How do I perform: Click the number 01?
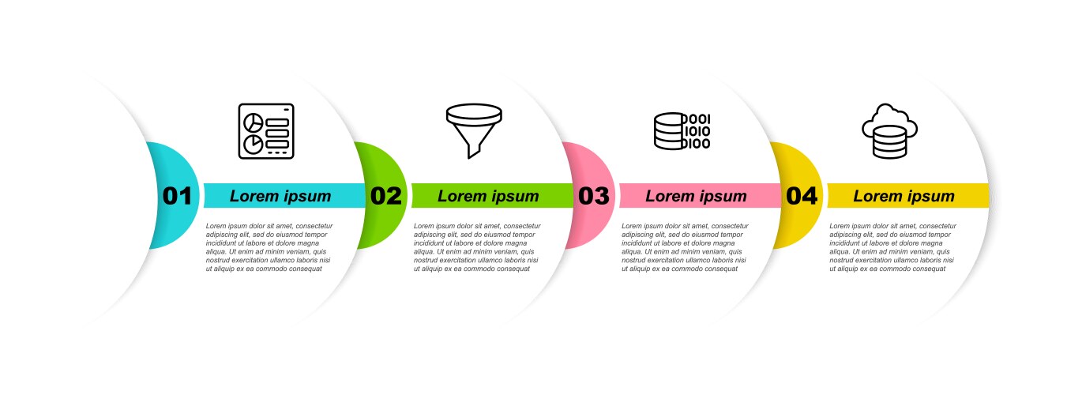177,196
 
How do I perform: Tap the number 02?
386,196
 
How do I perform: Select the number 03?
593,196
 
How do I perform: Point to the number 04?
802,196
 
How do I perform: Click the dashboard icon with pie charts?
266,131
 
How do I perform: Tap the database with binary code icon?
682,131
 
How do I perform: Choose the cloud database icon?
890,131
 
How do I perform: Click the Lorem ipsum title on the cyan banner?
280,196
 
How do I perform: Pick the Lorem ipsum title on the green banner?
488,196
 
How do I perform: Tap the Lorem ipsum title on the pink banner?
696,196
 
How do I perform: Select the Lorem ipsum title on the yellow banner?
904,196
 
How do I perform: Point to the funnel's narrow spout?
472,152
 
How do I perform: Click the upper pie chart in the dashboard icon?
253,122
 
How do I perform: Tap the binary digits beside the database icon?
697,131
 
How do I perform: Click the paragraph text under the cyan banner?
269,247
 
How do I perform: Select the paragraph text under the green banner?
477,247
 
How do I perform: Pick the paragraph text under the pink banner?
685,247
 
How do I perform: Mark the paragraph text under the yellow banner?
892,247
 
